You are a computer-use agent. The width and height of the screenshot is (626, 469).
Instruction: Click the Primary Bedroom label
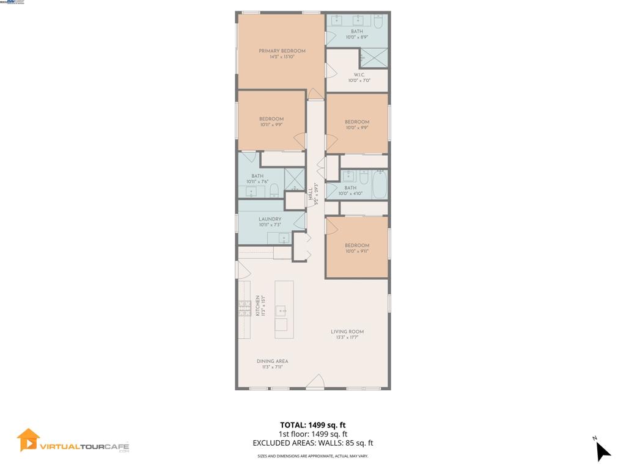(282, 51)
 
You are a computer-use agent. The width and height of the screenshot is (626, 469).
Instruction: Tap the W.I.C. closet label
(359, 75)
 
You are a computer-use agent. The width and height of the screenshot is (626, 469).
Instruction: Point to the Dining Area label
(272, 362)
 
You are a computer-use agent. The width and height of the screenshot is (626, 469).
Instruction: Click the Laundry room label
(270, 219)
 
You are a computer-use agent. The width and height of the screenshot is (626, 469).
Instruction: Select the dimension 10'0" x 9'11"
(356, 251)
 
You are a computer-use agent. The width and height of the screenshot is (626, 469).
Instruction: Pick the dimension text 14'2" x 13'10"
(282, 57)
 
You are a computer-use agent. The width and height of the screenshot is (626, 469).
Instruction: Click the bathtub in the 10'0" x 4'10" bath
(379, 184)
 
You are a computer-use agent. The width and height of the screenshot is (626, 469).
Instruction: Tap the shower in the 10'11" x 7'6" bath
(295, 179)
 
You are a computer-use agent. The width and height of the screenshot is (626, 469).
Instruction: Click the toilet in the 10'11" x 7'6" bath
(274, 190)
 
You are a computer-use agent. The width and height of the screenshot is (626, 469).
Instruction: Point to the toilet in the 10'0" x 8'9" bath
(377, 23)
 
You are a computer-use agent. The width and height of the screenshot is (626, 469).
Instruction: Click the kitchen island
(284, 309)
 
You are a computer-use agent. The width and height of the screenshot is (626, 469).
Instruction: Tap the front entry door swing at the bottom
(315, 382)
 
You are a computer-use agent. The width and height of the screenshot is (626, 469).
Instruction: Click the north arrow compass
(602, 450)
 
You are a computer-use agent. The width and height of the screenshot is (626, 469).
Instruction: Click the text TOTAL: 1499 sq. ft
(312, 425)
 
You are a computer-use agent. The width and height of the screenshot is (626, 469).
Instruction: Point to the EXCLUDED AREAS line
(312, 443)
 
